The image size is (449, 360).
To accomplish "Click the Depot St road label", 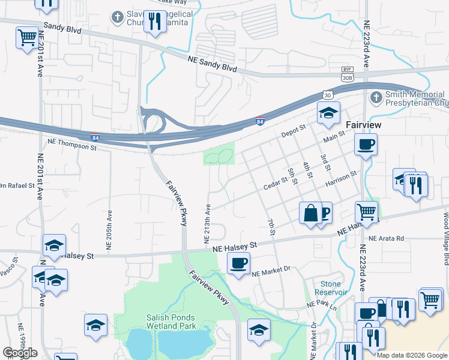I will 294,130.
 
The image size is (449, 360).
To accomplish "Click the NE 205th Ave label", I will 109,230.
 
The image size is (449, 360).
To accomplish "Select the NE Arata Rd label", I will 387,238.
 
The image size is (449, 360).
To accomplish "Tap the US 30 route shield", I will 327,95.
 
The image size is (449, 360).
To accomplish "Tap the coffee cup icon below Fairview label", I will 366,144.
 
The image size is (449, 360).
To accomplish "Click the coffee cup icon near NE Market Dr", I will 239,263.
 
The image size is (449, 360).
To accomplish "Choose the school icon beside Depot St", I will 328,112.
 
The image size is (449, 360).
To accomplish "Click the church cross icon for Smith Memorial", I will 376,97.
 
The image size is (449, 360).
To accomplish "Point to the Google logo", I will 20,353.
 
